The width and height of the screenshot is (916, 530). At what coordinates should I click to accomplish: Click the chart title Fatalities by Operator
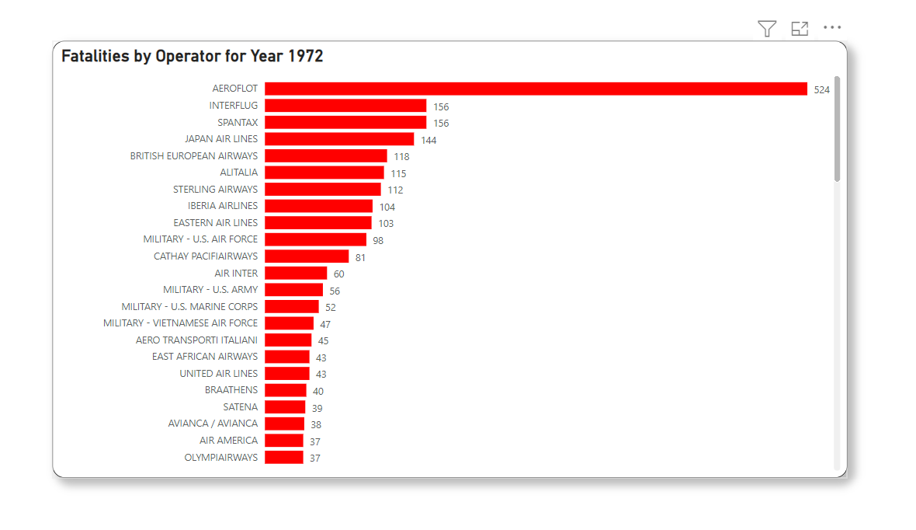pos(193,57)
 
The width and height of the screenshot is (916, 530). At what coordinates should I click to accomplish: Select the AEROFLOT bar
pos(536,89)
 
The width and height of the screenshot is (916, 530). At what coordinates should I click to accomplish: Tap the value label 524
pos(821,90)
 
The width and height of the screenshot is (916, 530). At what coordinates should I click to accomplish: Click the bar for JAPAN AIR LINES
pos(339,139)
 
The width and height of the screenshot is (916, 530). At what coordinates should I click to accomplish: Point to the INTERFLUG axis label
pos(234,106)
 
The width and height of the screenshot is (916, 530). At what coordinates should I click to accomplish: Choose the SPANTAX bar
pos(345,123)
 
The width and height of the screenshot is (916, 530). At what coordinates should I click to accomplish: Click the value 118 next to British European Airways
pos(401,157)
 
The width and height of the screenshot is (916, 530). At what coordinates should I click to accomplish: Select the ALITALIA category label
pos(239,173)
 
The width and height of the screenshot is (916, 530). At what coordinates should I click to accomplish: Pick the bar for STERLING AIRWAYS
pos(323,190)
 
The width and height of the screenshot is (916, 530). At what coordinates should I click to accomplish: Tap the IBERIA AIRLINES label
pos(223,206)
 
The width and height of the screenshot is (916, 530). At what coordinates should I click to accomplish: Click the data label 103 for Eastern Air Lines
pos(386,224)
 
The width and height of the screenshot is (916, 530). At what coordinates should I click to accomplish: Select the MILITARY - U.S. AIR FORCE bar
pos(315,239)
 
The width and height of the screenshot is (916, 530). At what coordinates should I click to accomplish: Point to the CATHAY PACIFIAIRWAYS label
pos(206,256)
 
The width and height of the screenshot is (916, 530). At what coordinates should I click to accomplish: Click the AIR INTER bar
pos(296,274)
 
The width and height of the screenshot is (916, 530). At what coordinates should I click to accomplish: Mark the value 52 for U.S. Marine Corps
pos(331,308)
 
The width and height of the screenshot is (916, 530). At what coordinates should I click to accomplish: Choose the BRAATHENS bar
pos(286,390)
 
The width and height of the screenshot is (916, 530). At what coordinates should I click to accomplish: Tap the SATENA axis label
pos(241,407)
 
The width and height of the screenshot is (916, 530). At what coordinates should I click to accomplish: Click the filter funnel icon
pos(767,29)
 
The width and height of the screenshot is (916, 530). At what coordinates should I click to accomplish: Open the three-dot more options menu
pos(832,28)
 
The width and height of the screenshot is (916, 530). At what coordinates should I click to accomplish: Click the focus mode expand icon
pos(800,29)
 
